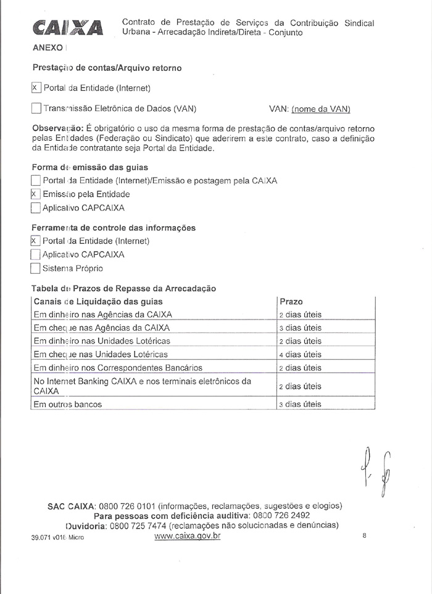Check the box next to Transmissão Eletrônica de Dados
pyautogui.click(x=36, y=109)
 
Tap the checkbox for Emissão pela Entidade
pyautogui.click(x=35, y=194)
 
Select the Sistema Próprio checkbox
pyautogui.click(x=35, y=268)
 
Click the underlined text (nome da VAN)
pyautogui.click(x=321, y=109)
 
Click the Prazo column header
pyautogui.click(x=291, y=302)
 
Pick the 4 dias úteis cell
pyautogui.click(x=300, y=355)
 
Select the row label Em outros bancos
pyautogui.click(x=68, y=405)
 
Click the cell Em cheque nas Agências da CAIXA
pyautogui.click(x=102, y=328)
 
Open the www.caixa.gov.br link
pyautogui.click(x=187, y=536)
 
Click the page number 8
pyautogui.click(x=365, y=536)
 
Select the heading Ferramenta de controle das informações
pyautogui.click(x=114, y=228)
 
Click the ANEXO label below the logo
pyautogui.click(x=47, y=47)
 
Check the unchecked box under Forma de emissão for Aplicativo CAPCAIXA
pyautogui.click(x=35, y=208)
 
